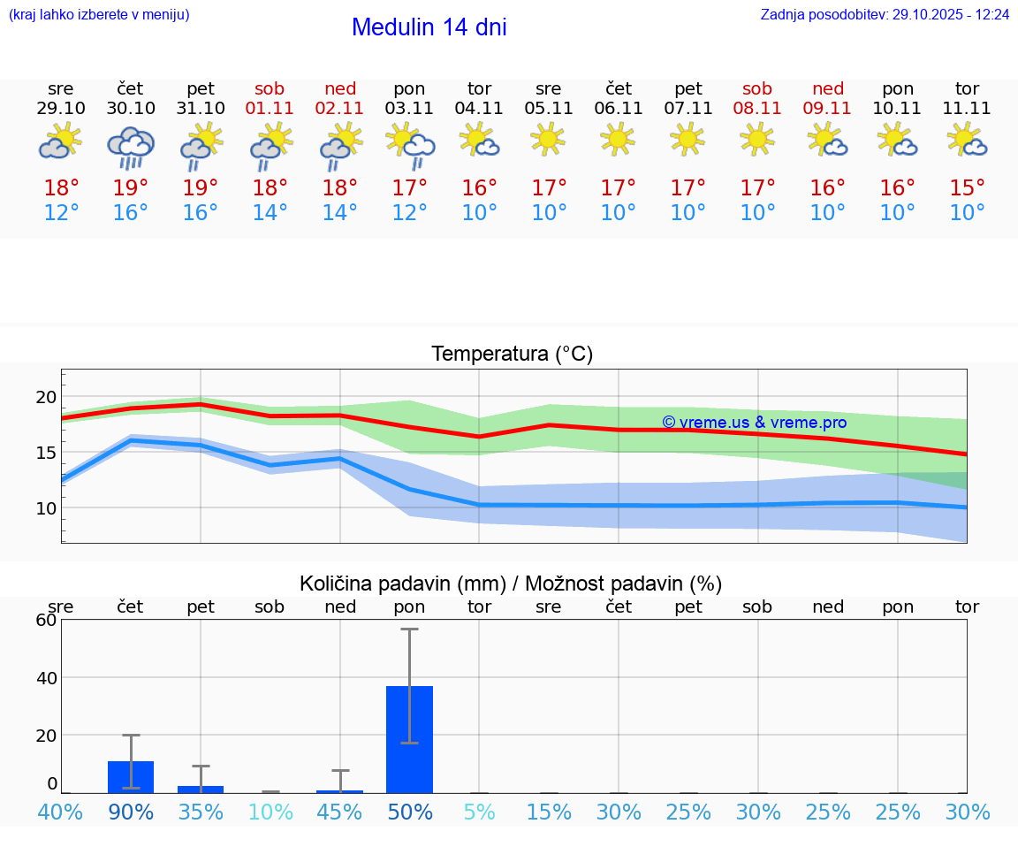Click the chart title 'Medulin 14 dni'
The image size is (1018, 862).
[429, 27]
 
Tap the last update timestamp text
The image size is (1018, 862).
[885, 15]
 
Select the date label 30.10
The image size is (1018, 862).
[131, 109]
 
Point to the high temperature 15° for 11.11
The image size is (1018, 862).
[968, 188]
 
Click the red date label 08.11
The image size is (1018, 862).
[757, 109]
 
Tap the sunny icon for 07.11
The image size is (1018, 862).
[688, 139]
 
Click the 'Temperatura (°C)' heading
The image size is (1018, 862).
[512, 355]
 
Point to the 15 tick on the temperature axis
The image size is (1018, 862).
[46, 453]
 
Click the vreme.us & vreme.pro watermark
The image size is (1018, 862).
[754, 423]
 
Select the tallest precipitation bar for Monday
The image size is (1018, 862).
[410, 739]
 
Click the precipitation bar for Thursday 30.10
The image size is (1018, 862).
[131, 776]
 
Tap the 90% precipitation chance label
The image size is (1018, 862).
[131, 812]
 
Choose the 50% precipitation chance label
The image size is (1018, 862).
[410, 812]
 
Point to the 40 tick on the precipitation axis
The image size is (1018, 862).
[46, 677]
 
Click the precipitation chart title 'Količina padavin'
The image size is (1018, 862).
[511, 584]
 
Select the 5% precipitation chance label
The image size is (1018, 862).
[480, 812]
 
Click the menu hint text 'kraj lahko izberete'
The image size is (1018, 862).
[99, 15]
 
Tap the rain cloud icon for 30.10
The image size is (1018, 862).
[131, 146]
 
